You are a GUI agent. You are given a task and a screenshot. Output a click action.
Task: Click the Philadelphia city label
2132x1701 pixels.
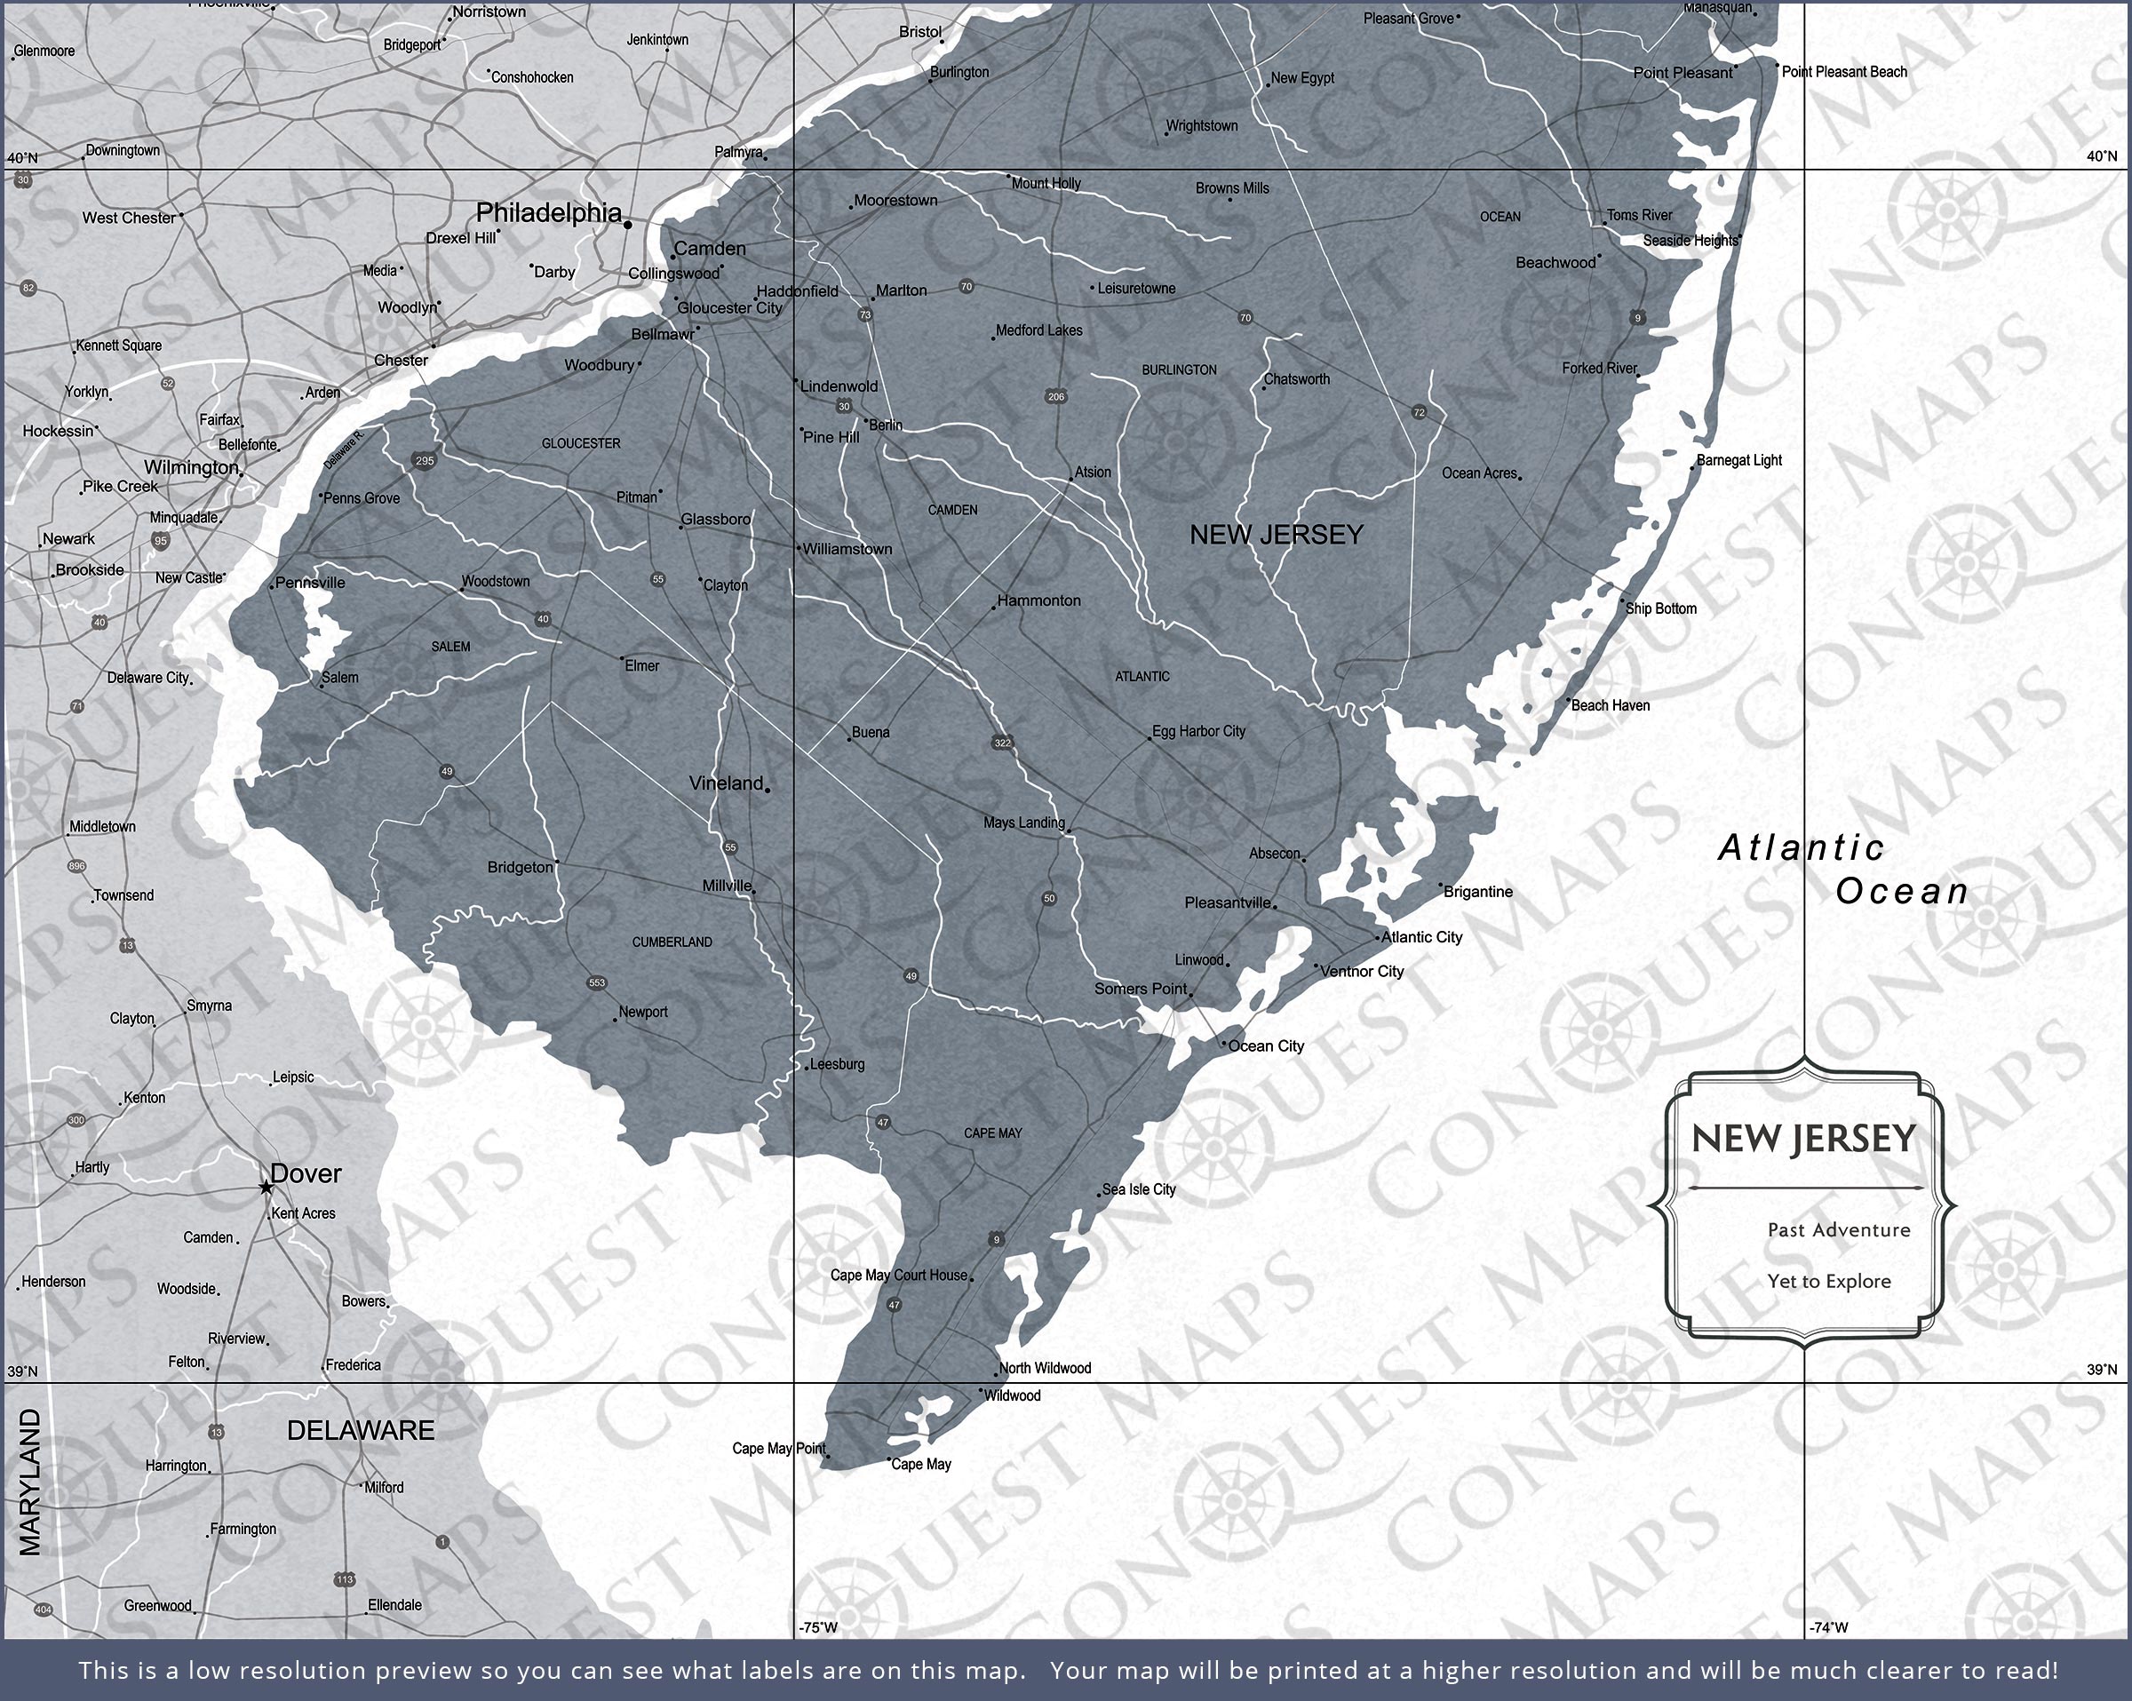pos(549,212)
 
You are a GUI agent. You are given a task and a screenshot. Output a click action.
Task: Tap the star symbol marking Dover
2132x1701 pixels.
pos(265,1187)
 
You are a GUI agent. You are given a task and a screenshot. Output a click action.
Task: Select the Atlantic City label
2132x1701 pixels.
pos(1421,936)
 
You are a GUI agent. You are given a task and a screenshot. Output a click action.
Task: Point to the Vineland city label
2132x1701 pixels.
pos(726,783)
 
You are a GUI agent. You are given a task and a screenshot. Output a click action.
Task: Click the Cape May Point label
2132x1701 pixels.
pos(778,1449)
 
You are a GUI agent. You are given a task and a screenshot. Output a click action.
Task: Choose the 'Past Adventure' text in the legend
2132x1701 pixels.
pos(1838,1230)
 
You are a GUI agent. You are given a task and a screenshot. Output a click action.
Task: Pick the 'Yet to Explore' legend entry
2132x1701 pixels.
pos(1828,1282)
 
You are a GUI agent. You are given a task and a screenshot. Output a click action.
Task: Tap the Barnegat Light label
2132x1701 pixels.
pos(1738,460)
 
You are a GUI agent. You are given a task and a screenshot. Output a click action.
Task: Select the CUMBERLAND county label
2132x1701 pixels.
pos(672,942)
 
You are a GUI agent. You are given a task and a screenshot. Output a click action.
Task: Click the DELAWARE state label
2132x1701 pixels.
pos(360,1431)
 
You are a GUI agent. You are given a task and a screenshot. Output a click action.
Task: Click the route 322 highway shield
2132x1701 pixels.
pos(1003,743)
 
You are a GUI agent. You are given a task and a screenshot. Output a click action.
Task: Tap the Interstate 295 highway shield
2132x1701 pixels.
pos(425,460)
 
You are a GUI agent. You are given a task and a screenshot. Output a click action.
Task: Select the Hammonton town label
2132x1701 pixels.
pos(1038,600)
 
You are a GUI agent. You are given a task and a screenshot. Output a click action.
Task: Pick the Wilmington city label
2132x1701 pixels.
pos(191,468)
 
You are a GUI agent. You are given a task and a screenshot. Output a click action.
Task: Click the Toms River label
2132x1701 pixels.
pos(1639,215)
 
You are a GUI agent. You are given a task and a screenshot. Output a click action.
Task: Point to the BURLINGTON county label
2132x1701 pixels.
pos(1179,370)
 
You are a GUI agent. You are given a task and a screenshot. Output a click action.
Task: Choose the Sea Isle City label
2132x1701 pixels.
pos(1138,1188)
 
